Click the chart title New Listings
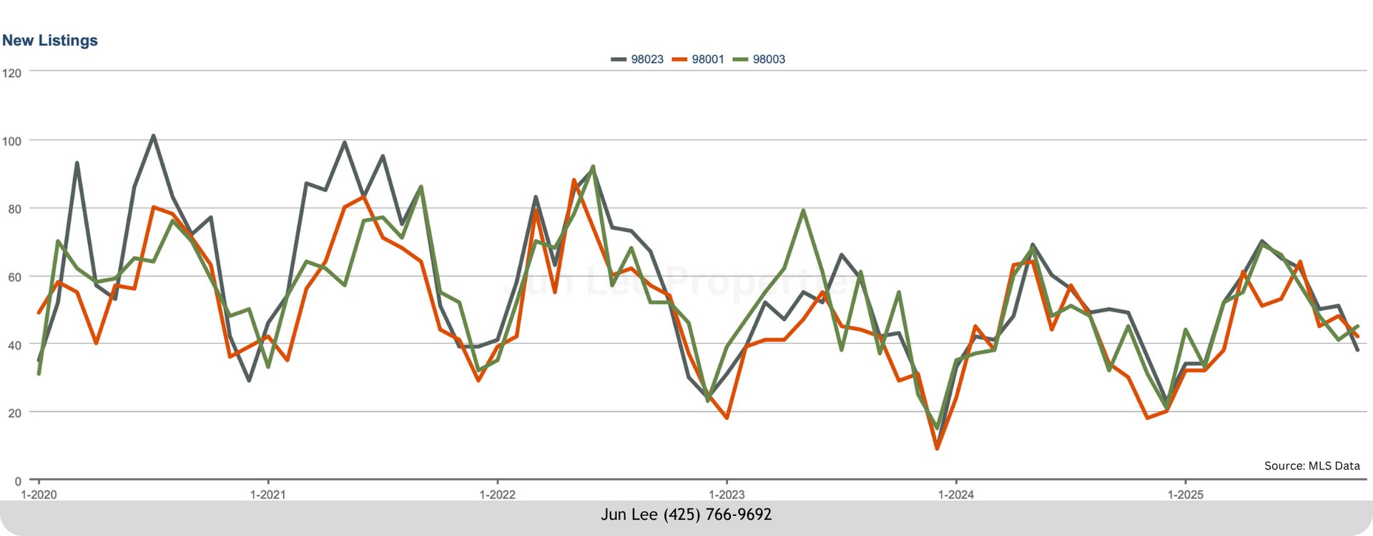[x=50, y=41]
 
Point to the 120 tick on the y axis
[x=11, y=73]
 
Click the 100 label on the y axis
[x=11, y=142]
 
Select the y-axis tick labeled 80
[x=14, y=209]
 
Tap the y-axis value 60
[x=14, y=277]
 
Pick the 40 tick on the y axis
[x=14, y=345]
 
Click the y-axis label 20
[x=14, y=413]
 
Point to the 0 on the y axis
[x=18, y=482]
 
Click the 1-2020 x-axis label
[x=39, y=495]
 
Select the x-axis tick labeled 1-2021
[x=267, y=495]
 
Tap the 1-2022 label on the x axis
[x=497, y=495]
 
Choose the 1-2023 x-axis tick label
[x=727, y=495]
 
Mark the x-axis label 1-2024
[x=956, y=495]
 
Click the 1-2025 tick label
[x=1186, y=495]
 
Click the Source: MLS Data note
[x=1312, y=466]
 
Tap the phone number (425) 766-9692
[x=717, y=515]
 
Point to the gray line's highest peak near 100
[x=153, y=136]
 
